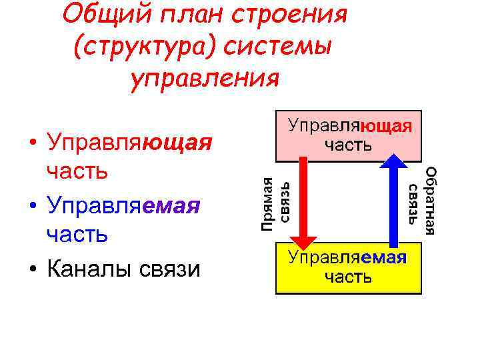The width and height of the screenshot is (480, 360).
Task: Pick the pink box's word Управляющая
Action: [349, 126]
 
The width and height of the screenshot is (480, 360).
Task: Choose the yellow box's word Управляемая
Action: [347, 257]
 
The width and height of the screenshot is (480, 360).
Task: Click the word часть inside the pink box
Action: [349, 144]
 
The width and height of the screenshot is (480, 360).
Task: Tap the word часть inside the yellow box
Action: [348, 276]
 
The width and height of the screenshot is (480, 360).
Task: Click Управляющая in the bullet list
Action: [126, 143]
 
